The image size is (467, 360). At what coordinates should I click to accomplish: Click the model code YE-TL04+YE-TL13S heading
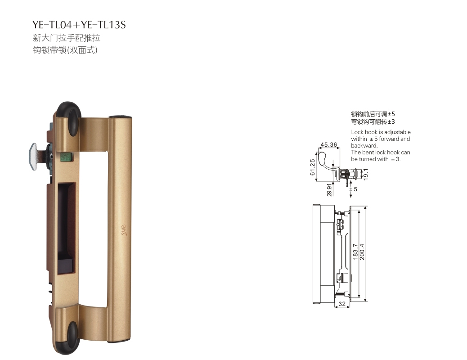pyautogui.click(x=79, y=24)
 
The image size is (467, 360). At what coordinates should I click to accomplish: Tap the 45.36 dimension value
pyautogui.click(x=329, y=144)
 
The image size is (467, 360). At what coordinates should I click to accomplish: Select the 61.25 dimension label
pyautogui.click(x=312, y=167)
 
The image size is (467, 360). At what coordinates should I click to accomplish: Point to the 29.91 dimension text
pyautogui.click(x=329, y=189)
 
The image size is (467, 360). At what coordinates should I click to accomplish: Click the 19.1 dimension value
pyautogui.click(x=366, y=174)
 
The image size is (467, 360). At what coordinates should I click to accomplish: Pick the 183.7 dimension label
pyautogui.click(x=355, y=252)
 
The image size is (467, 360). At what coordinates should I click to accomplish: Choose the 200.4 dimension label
pyautogui.click(x=362, y=252)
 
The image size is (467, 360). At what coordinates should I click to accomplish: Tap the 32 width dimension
pyautogui.click(x=342, y=304)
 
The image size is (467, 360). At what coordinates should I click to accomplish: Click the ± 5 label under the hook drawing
pyautogui.click(x=353, y=189)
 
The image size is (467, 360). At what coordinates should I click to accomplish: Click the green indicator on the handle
pyautogui.click(x=66, y=157)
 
